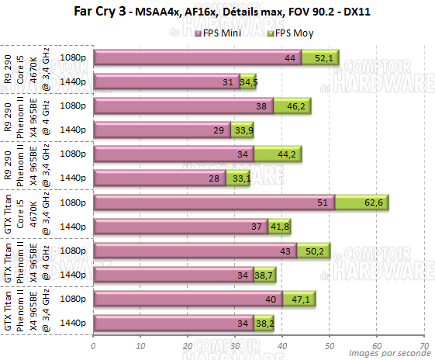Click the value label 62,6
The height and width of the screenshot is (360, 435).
click(x=374, y=203)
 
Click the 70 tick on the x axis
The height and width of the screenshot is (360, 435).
click(x=423, y=346)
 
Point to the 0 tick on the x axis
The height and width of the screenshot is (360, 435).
click(x=93, y=346)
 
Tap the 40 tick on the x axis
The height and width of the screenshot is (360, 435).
click(x=281, y=346)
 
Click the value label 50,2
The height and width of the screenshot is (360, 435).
click(x=316, y=251)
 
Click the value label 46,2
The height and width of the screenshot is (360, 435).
click(x=298, y=106)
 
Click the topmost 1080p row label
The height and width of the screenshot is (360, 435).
click(x=73, y=58)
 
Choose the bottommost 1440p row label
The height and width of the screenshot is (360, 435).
click(x=73, y=324)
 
